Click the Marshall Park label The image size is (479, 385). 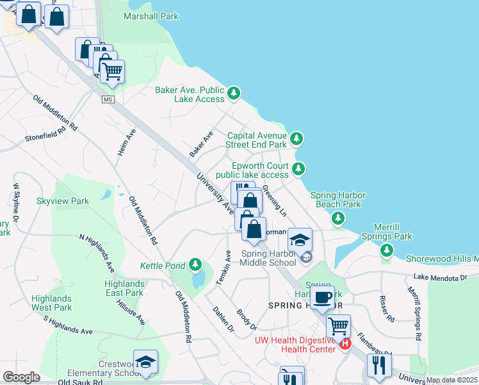pyautogui.click(x=151, y=16)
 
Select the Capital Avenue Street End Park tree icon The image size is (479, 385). pyautogui.click(x=296, y=139)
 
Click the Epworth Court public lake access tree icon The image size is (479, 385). pyautogui.click(x=298, y=169)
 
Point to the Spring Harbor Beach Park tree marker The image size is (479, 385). pyautogui.click(x=337, y=219)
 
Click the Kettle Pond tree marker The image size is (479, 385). pyautogui.click(x=195, y=265)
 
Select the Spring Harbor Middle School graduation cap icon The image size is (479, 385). pyautogui.click(x=300, y=240)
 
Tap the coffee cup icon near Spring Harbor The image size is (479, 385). pyautogui.click(x=322, y=298)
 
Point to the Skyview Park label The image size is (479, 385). pyautogui.click(x=62, y=201)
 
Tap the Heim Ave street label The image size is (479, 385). pyautogui.click(x=127, y=143)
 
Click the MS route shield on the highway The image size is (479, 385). pyautogui.click(x=108, y=99)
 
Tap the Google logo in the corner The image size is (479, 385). pyautogui.click(x=21, y=377)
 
